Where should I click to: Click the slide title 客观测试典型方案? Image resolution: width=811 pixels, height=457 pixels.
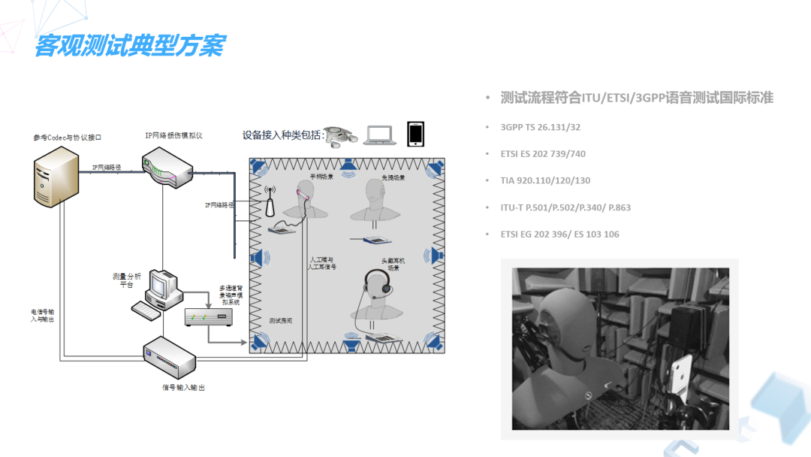[x=129, y=46]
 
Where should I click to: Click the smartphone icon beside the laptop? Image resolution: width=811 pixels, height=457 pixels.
[x=415, y=134]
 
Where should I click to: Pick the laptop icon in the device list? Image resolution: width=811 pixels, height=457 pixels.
[x=380, y=135]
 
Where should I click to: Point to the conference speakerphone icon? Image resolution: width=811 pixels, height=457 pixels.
[x=342, y=136]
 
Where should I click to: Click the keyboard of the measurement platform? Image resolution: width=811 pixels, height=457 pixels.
[x=146, y=309]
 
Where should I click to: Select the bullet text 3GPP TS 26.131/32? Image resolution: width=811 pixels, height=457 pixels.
[x=540, y=127]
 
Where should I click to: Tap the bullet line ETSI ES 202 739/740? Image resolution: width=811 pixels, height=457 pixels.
[x=543, y=154]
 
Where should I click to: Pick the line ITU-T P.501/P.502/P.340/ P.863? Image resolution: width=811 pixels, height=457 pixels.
[x=565, y=207]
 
